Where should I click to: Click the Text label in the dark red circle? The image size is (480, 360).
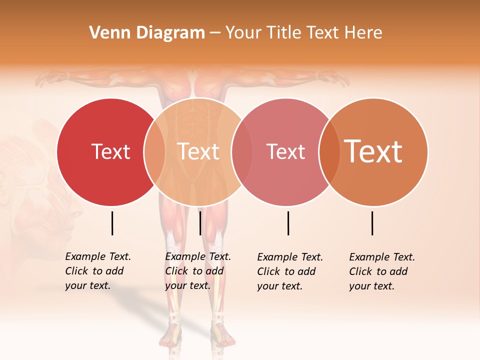[x=110, y=151]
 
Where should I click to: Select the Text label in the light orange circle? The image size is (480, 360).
[x=198, y=151]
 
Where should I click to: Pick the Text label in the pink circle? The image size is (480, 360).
[x=285, y=151]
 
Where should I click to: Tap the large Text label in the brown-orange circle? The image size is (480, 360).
[x=373, y=151]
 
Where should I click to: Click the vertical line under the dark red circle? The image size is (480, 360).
[x=112, y=223]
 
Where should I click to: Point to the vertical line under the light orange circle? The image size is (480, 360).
[x=200, y=223]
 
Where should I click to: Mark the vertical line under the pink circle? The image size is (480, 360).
[x=288, y=223]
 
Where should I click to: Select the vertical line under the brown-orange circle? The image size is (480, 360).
[x=372, y=223]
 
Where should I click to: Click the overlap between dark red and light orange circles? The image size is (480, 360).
[x=154, y=151]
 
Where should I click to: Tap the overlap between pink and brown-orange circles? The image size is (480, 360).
[x=329, y=151]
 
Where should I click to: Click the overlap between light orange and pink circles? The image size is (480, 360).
[x=241, y=151]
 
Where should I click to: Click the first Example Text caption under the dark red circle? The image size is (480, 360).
[x=98, y=271]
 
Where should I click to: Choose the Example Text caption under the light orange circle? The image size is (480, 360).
[x=198, y=271]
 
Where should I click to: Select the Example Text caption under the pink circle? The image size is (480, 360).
[x=290, y=271]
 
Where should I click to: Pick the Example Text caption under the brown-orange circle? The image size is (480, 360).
[x=382, y=271]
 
